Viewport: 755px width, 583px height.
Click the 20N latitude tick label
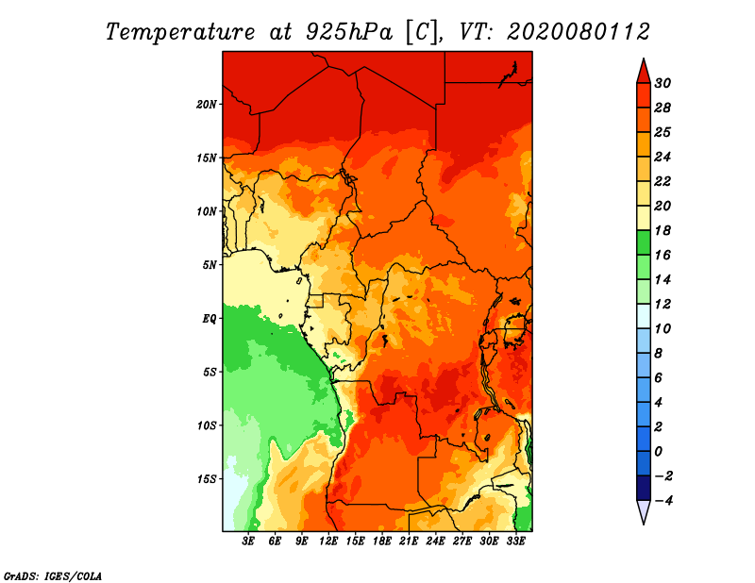click(x=207, y=105)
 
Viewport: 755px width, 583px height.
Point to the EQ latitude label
click(x=210, y=319)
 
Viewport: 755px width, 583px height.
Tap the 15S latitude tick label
click(x=207, y=479)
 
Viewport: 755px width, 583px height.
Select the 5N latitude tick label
click(x=210, y=265)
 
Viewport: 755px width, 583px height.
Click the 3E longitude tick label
click(x=248, y=541)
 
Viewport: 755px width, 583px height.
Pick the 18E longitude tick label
click(x=382, y=541)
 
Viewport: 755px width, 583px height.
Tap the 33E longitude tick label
click(x=515, y=541)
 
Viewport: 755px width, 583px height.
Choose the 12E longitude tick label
click(x=328, y=541)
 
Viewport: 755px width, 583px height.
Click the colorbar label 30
click(x=663, y=83)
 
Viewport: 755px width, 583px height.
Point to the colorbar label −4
click(x=663, y=501)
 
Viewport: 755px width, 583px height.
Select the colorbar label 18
click(x=663, y=230)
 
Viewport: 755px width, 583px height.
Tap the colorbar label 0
click(x=659, y=452)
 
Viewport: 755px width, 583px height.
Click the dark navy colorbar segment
click(x=644, y=488)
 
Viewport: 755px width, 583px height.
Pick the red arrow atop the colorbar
click(x=644, y=72)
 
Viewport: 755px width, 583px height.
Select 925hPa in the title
click(x=349, y=32)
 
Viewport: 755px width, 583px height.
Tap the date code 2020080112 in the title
click(x=579, y=32)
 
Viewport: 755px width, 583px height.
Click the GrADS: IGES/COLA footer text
click(x=53, y=576)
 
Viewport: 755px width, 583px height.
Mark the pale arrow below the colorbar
click(x=644, y=512)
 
